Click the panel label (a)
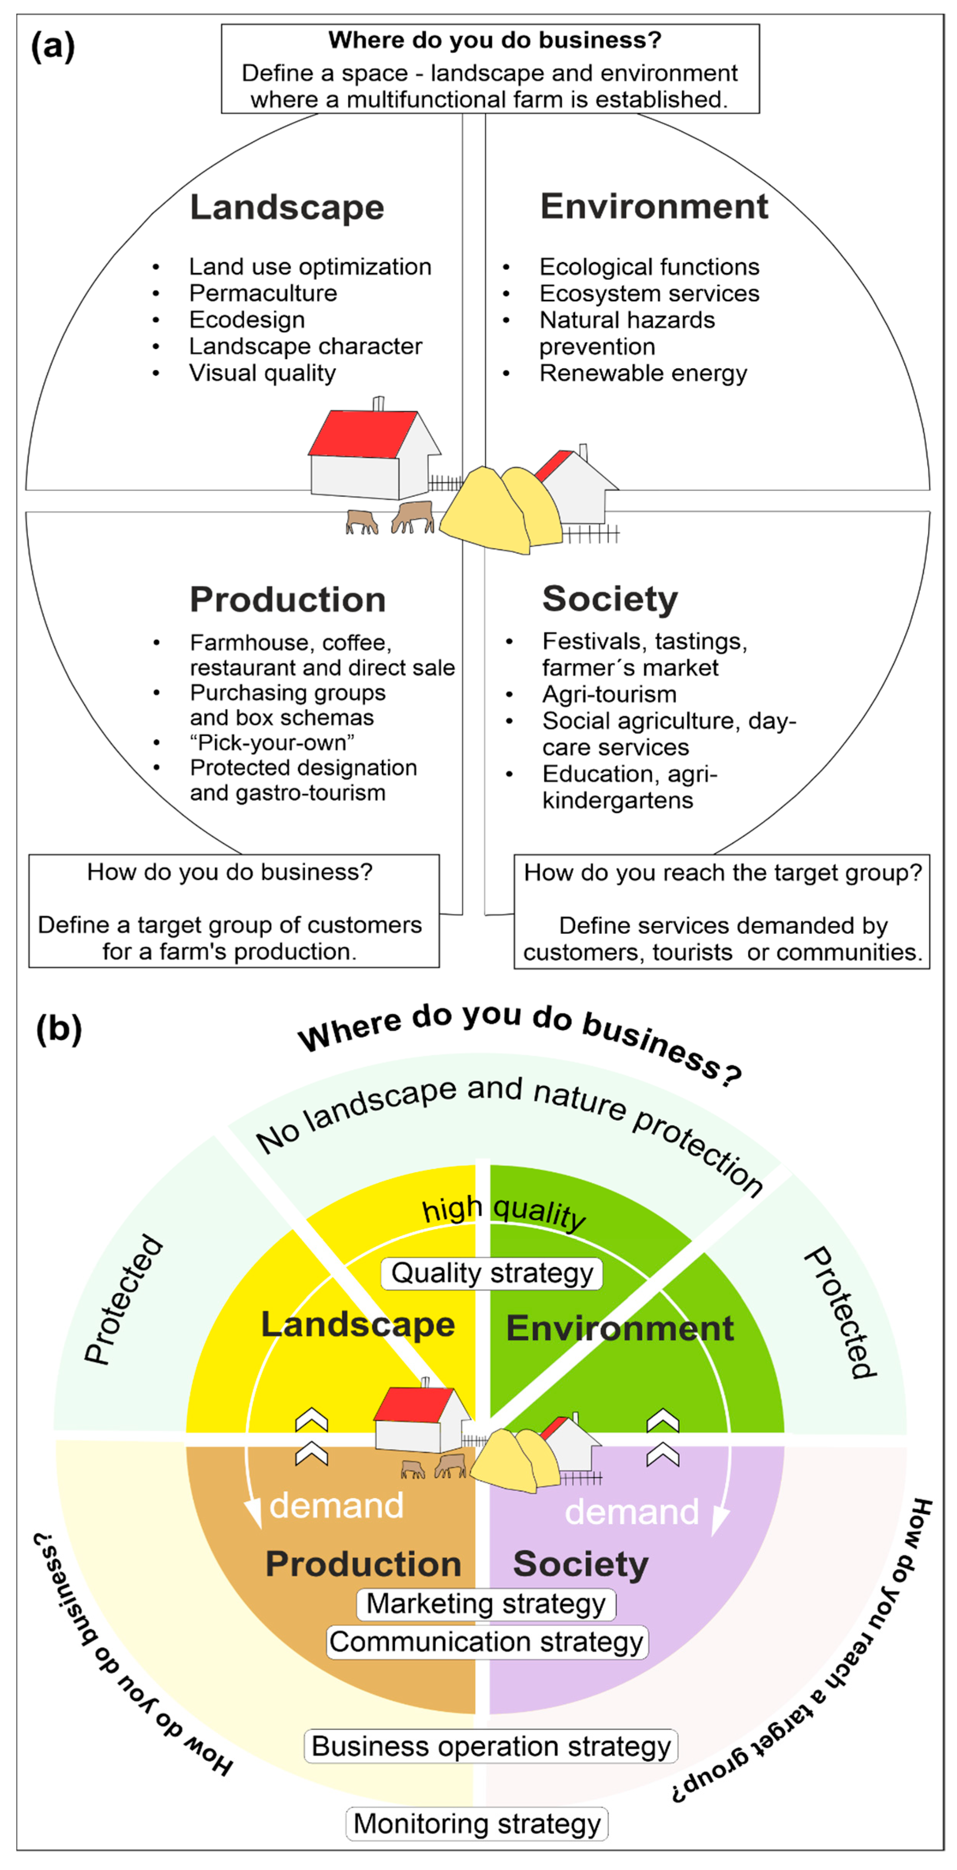(52, 47)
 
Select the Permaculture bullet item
(263, 293)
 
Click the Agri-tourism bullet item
(609, 694)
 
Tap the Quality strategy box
(492, 1273)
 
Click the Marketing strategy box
(485, 1604)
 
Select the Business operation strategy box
(490, 1746)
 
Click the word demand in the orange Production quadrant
(336, 1506)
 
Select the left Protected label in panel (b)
(123, 1299)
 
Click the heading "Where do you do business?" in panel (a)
(495, 40)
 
